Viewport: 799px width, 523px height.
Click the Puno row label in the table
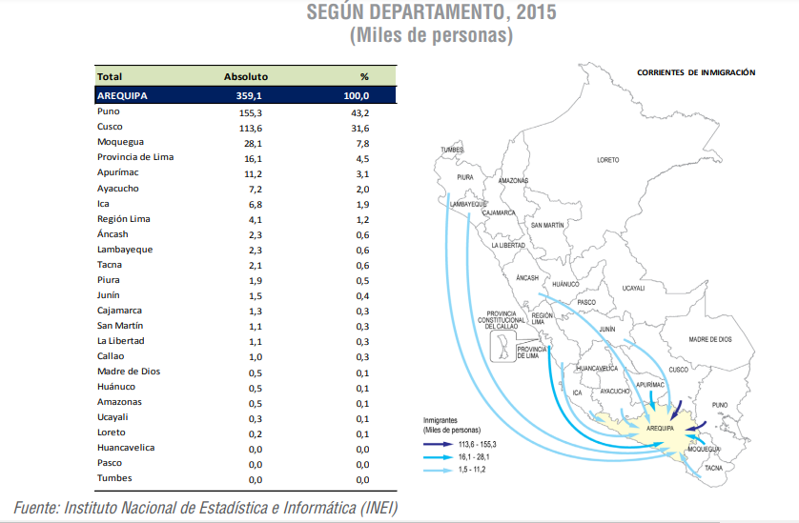coord(108,111)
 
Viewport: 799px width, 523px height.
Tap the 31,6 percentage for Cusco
coord(363,127)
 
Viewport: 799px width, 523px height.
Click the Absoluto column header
coord(245,76)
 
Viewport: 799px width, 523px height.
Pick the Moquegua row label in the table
coord(119,142)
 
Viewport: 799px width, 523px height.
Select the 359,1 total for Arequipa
coord(248,96)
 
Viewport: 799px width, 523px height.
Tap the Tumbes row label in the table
coord(114,477)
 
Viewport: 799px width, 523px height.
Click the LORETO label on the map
coord(607,160)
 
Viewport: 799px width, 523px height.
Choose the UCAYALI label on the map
coord(633,288)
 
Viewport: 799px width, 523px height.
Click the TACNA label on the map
coord(713,468)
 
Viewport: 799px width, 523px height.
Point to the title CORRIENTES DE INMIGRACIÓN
coord(696,72)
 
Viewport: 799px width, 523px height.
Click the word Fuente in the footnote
coord(36,507)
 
